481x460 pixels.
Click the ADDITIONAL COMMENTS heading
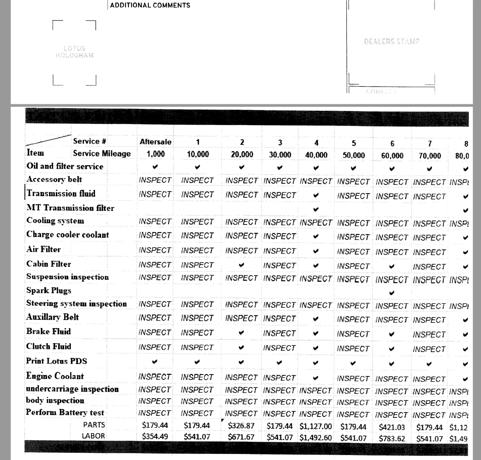150,5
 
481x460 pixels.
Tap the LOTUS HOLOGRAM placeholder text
74,52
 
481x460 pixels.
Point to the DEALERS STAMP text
392,42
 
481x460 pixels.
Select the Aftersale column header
155,142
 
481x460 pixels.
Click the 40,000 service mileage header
316,155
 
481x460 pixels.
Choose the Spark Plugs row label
49,291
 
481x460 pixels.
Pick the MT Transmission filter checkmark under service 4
316,209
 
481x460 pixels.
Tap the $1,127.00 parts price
316,426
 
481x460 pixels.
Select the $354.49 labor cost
155,437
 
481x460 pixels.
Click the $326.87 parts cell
241,426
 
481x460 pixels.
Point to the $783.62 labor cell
392,438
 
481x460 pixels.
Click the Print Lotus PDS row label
57,361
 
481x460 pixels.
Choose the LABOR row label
94,436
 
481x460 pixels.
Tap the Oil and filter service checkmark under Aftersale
155,167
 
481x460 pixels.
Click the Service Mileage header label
102,153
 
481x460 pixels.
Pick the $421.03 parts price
392,427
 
